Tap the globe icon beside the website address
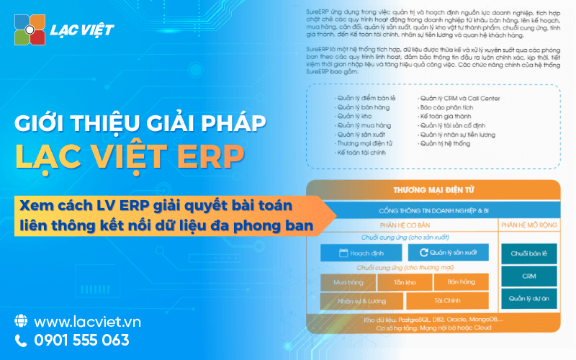click(21, 320)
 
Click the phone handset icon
click(21, 340)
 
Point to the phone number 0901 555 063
click(82, 340)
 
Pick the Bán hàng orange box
click(461, 282)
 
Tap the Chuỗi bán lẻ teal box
click(529, 253)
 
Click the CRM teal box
click(529, 276)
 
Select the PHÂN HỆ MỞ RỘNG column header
click(529, 225)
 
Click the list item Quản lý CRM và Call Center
click(459, 98)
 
